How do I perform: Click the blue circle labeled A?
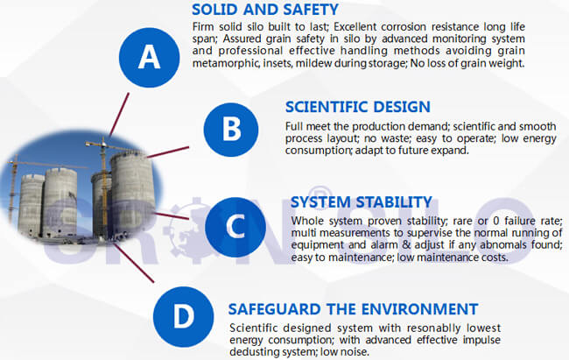coord(149,58)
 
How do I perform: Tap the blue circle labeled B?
coord(231,130)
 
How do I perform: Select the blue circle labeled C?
coord(235,227)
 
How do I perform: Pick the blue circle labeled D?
coord(183,316)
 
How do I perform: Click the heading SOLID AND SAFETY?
coord(265,10)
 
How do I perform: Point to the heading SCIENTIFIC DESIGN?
coord(358,107)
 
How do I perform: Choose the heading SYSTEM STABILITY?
coord(362,202)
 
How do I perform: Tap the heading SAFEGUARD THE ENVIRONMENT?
coord(353,309)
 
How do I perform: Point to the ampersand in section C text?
coord(406,245)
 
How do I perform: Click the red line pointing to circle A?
coord(119,114)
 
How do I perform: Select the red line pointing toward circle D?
coord(133,263)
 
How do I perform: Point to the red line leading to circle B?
coord(168,152)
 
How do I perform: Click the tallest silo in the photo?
coord(132,194)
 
